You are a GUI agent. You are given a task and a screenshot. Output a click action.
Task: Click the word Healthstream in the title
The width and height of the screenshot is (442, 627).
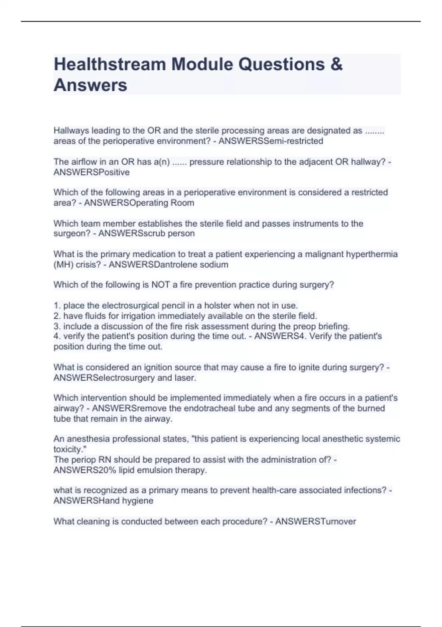click(x=109, y=65)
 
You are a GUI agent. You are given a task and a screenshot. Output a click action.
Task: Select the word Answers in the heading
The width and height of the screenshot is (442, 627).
click(x=90, y=85)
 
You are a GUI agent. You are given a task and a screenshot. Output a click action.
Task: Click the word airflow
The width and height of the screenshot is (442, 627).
click(x=84, y=162)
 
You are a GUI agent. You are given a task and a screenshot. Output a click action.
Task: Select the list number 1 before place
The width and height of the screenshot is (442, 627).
click(x=57, y=306)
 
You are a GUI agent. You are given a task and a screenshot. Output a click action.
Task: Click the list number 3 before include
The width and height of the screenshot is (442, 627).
click(x=57, y=326)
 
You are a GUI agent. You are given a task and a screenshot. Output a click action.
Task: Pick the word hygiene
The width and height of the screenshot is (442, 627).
click(x=137, y=501)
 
